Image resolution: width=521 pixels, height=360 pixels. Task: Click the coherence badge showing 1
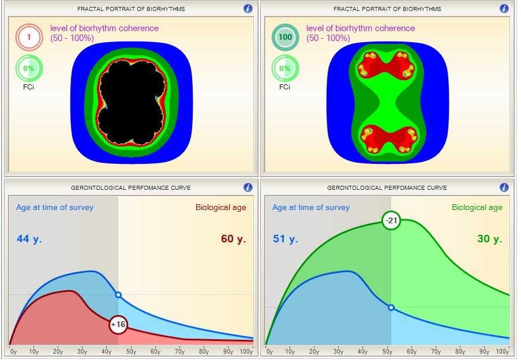(x=28, y=38)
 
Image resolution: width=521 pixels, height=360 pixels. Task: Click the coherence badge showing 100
(x=284, y=38)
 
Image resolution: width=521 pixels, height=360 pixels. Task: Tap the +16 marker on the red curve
(x=118, y=325)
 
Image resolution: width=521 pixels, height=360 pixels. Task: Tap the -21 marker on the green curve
(x=391, y=220)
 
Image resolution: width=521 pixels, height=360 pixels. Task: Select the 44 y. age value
(x=28, y=239)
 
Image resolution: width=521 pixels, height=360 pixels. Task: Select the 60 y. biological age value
(x=233, y=239)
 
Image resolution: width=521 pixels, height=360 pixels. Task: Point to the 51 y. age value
(x=285, y=239)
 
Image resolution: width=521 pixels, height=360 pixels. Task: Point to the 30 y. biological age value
(x=489, y=239)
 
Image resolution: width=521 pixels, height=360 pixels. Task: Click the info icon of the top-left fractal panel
(x=248, y=9)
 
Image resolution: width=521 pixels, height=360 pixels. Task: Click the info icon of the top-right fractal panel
(x=504, y=9)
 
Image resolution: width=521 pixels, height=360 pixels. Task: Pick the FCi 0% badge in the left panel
(x=28, y=69)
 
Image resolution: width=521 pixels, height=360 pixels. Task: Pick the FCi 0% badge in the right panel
(x=284, y=69)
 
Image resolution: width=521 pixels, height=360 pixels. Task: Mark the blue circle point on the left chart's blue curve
(x=118, y=295)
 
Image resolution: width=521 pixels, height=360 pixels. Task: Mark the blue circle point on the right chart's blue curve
(x=391, y=307)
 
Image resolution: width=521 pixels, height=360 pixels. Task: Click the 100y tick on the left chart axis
(x=246, y=351)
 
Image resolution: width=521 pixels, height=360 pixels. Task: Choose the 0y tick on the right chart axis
(x=268, y=351)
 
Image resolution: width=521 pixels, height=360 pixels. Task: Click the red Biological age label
(x=220, y=208)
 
